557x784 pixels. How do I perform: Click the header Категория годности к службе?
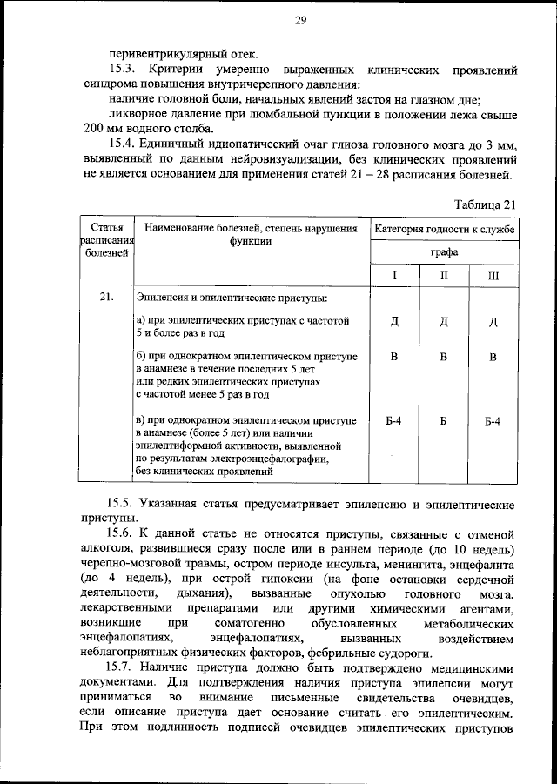pyautogui.click(x=444, y=230)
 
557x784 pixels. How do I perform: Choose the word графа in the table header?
pyautogui.click(x=444, y=253)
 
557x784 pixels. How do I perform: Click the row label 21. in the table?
pyautogui.click(x=107, y=298)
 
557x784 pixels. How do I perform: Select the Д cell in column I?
pyautogui.click(x=394, y=322)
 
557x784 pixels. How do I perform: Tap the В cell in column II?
pyautogui.click(x=444, y=357)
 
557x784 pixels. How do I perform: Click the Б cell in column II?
pyautogui.click(x=444, y=421)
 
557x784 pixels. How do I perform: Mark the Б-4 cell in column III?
pyautogui.click(x=493, y=421)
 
